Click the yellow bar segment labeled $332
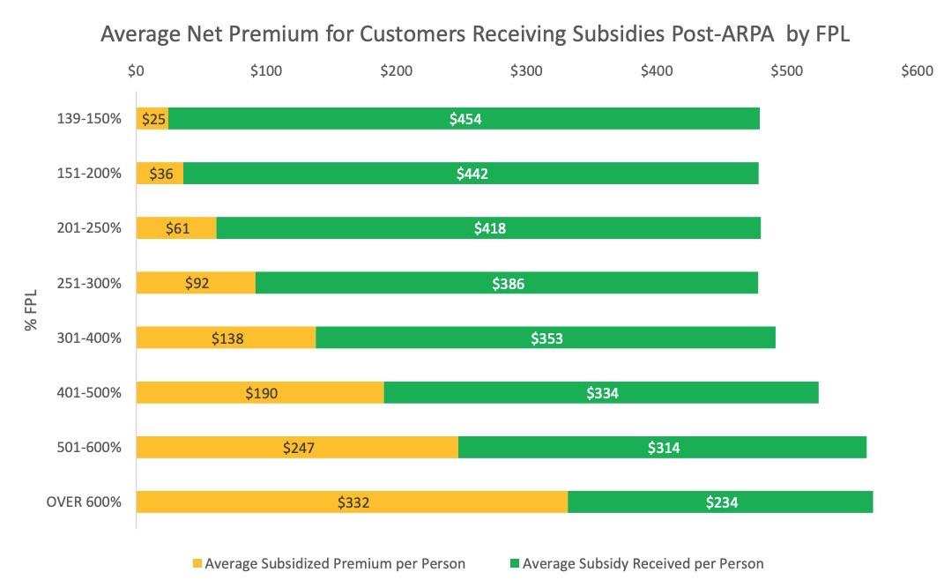tap(352, 502)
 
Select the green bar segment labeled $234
tap(720, 502)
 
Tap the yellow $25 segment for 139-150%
tap(152, 119)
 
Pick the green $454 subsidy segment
tap(464, 119)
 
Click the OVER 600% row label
tap(84, 502)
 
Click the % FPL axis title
tap(32, 310)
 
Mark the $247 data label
tap(298, 448)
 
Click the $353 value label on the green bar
tap(546, 338)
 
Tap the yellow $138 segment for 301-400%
tap(226, 338)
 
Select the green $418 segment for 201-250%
tap(488, 228)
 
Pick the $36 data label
tap(160, 174)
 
